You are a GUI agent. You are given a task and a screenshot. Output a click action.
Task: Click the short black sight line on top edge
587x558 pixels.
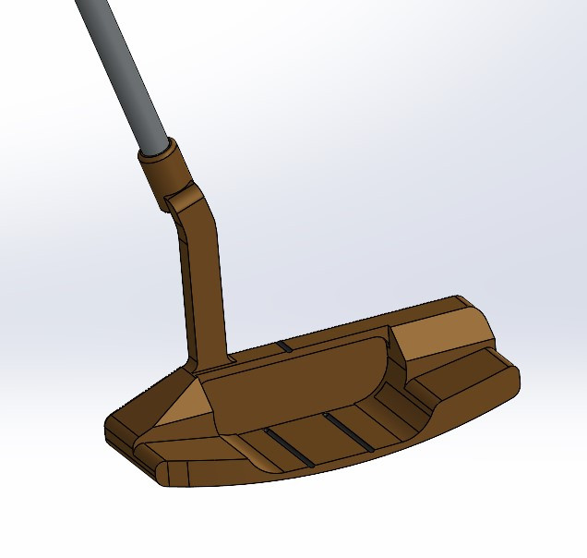(284, 346)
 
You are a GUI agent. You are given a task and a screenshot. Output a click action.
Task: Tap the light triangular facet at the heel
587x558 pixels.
(181, 406)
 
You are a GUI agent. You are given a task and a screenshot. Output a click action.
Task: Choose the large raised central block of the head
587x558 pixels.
(295, 379)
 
